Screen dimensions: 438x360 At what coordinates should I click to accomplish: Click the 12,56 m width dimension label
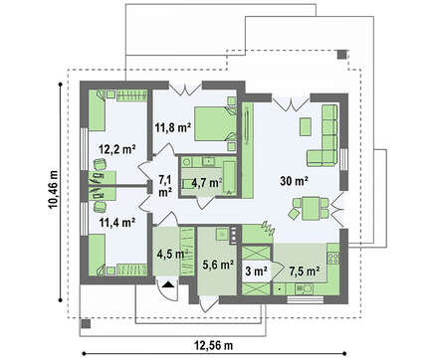tap(214, 346)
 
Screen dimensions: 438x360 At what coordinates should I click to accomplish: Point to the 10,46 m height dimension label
tap(53, 190)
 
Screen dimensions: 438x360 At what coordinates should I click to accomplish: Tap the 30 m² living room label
tap(295, 181)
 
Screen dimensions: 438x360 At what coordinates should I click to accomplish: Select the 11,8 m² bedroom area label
tap(173, 127)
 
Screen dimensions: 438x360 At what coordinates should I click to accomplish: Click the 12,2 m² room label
tap(117, 149)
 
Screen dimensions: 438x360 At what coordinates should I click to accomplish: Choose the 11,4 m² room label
tap(117, 222)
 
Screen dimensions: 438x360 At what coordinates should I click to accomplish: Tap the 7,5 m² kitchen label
tap(305, 270)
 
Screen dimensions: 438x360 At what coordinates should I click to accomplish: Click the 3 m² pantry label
tap(257, 270)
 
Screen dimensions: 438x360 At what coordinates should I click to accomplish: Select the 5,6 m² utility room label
tap(218, 265)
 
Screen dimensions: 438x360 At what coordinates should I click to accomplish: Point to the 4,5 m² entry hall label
tap(170, 254)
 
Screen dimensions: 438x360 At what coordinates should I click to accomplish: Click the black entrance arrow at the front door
tap(169, 284)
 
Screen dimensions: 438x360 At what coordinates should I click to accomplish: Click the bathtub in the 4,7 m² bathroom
tap(230, 178)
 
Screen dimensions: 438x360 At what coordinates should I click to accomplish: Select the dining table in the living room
tap(311, 208)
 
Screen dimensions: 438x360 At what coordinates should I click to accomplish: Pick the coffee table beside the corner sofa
tap(306, 126)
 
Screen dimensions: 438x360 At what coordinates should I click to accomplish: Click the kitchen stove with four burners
tap(333, 258)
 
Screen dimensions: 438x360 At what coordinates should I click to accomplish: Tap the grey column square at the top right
tap(341, 55)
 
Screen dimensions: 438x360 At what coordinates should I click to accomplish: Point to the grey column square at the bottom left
tap(86, 323)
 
